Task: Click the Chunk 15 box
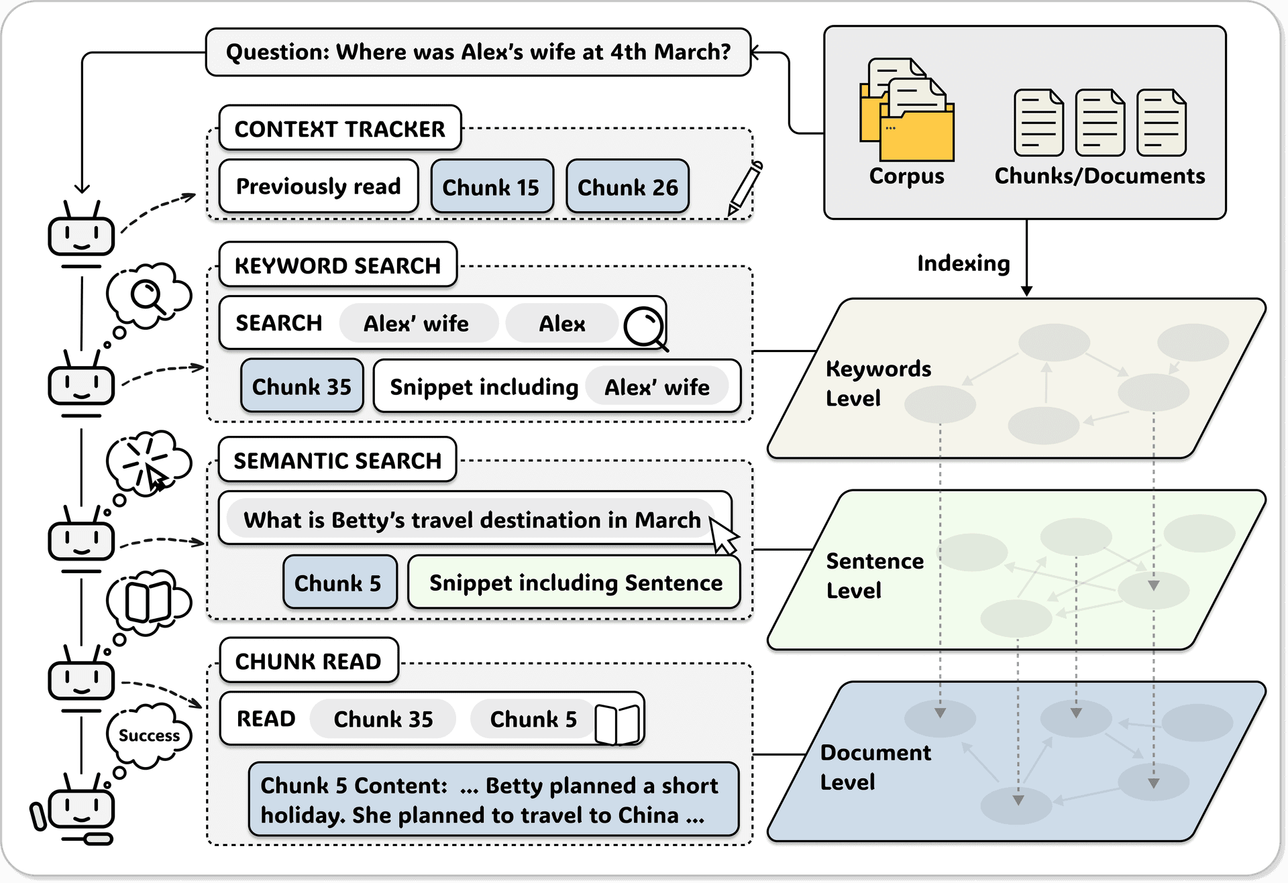(492, 186)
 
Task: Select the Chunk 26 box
(627, 186)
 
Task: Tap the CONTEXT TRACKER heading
(340, 128)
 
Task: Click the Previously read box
(319, 186)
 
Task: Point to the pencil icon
(745, 188)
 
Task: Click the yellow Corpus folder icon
(907, 111)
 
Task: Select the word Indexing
(963, 263)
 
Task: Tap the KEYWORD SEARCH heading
(338, 265)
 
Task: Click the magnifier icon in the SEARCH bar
(645, 328)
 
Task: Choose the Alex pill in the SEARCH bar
(562, 324)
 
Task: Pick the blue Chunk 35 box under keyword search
(302, 386)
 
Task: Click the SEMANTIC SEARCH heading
(337, 460)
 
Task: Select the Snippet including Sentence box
(575, 582)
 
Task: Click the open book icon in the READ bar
(617, 723)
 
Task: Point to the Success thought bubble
(149, 735)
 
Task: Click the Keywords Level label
(878, 383)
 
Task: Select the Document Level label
(875, 767)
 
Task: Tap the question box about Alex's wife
(478, 52)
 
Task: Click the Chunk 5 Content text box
(494, 799)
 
